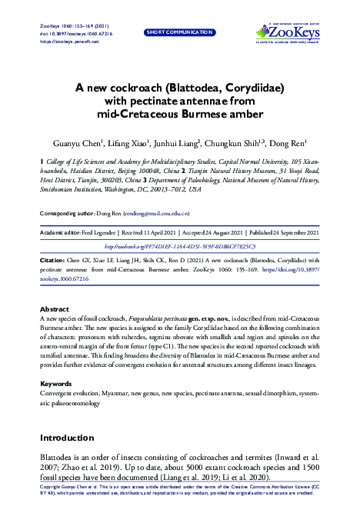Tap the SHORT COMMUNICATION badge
click(179, 32)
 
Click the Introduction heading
click(72, 437)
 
